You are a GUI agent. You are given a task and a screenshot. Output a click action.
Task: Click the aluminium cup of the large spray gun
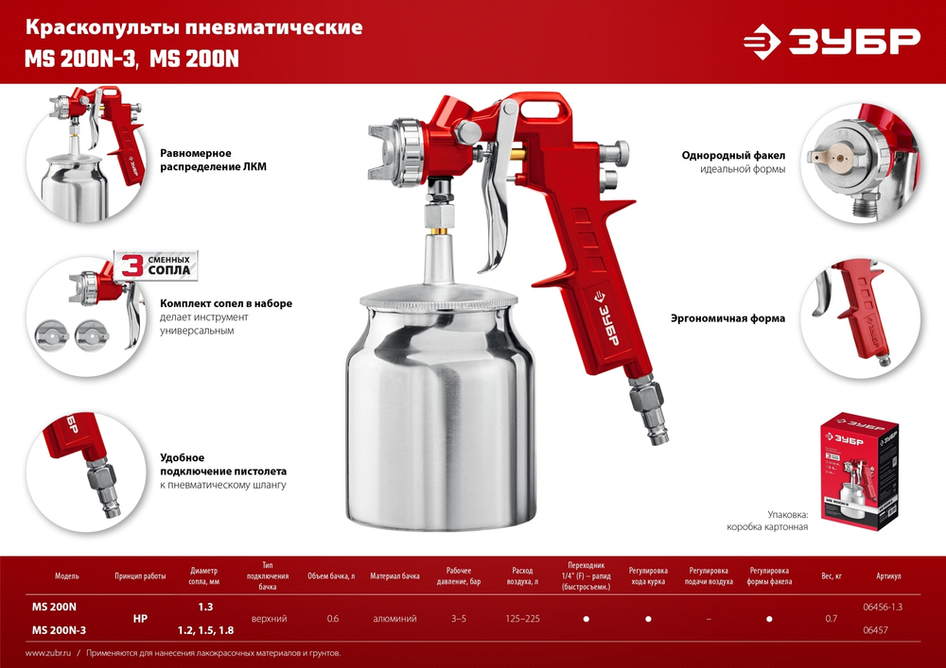pyautogui.click(x=435, y=416)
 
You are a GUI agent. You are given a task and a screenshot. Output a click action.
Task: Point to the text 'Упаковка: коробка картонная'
pyautogui.click(x=767, y=519)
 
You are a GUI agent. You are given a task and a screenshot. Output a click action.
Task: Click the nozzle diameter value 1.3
pyautogui.click(x=204, y=606)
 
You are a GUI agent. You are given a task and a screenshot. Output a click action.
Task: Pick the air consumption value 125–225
pyautogui.click(x=523, y=618)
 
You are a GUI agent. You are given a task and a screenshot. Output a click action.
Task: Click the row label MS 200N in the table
pyautogui.click(x=54, y=606)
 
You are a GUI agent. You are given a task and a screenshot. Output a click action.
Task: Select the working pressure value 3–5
pyautogui.click(x=460, y=618)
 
